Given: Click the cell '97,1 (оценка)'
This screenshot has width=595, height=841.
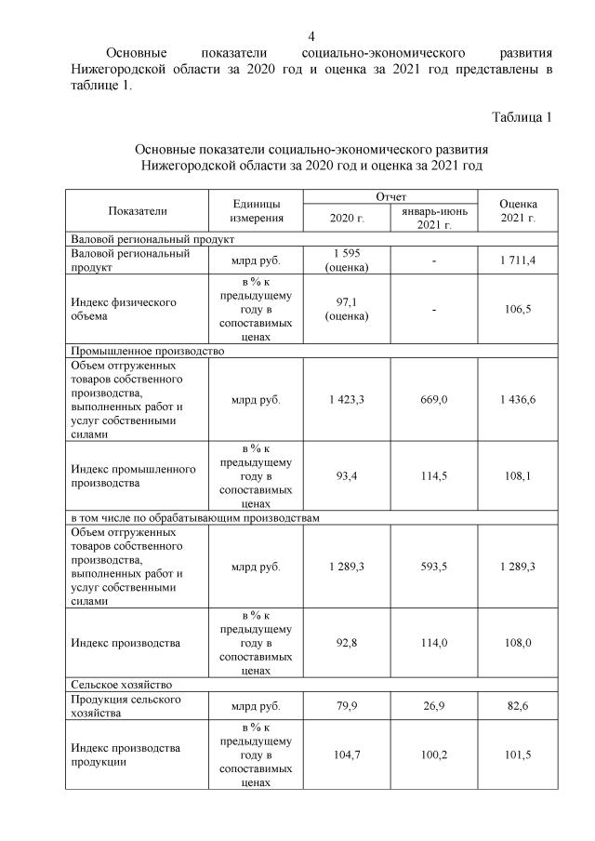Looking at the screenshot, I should pos(347,309).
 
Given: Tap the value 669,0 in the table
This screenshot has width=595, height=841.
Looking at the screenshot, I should pos(434,400).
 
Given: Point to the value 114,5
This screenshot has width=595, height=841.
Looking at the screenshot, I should pos(434,476).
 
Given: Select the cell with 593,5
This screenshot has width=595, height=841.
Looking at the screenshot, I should pos(434,567).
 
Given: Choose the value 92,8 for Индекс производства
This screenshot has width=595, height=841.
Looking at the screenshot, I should pos(347,643).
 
